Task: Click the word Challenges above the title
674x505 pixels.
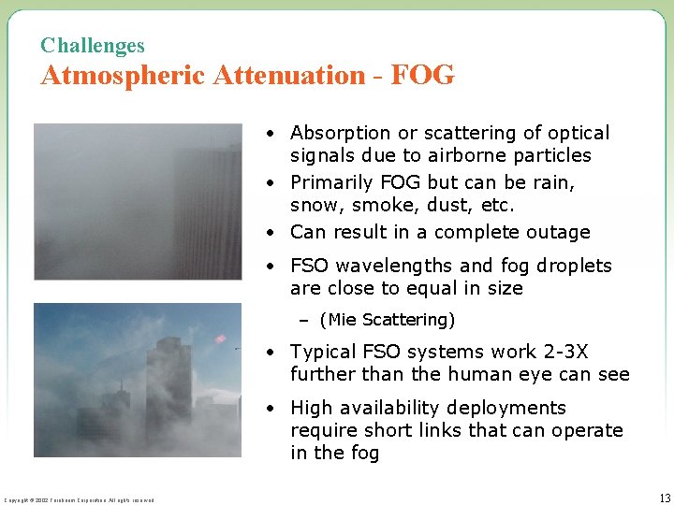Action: point(93,45)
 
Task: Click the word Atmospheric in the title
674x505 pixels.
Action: point(123,75)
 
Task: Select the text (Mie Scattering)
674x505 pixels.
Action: point(387,320)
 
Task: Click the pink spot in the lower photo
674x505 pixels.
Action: point(221,339)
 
